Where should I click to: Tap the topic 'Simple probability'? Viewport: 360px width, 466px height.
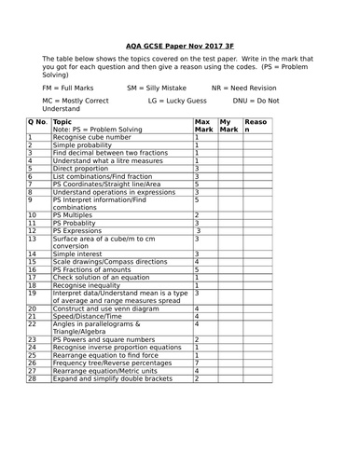[x=85, y=145]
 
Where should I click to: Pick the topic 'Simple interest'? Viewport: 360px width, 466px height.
[x=81, y=254]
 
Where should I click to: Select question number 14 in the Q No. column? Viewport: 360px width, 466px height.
[x=32, y=254]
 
